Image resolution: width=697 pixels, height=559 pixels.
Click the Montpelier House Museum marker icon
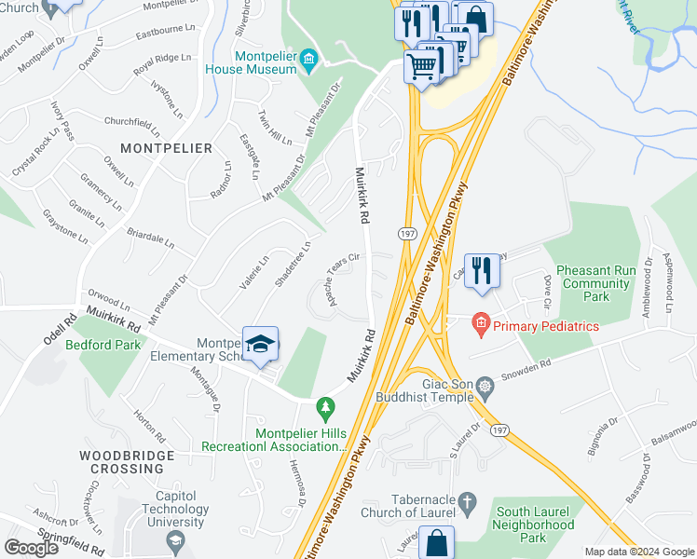pos(310,62)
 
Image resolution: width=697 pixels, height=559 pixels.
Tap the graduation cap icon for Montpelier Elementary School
pos(261,344)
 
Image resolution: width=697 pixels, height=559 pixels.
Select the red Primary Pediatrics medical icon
pos(481,326)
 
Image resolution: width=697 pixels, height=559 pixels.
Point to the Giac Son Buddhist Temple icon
pos(485,386)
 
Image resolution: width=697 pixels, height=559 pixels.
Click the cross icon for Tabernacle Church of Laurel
pos(468,505)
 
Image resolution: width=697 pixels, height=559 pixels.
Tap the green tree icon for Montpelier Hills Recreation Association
pos(325,407)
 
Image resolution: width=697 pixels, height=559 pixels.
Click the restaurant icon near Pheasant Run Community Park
pos(481,270)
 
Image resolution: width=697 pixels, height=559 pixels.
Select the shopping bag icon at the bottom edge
pos(436,542)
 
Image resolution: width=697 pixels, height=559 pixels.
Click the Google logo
pos(31,548)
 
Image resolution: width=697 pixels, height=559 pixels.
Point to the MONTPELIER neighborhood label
pos(166,148)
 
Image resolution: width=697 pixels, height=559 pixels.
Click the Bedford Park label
pos(103,345)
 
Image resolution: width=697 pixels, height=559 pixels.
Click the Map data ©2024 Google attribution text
pos(638,552)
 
